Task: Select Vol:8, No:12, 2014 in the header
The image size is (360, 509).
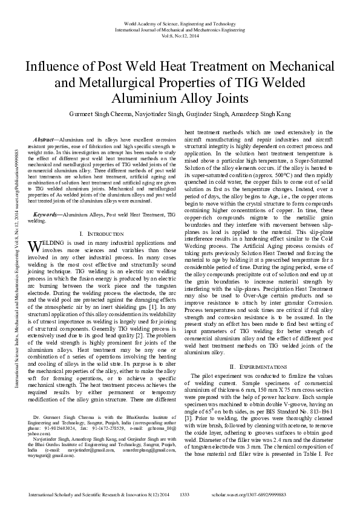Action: pos(180,36)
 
